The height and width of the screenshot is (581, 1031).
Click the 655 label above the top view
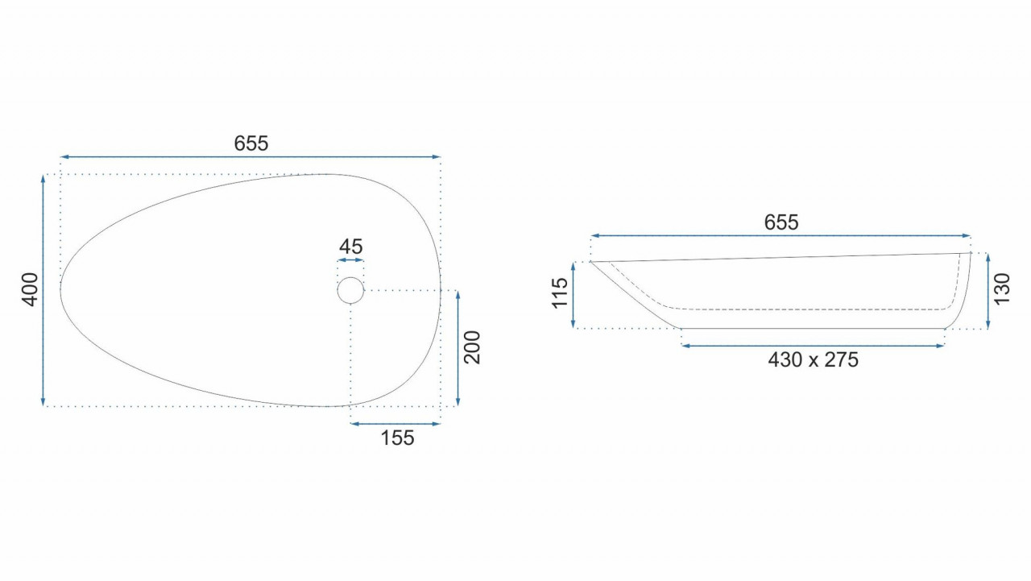pos(251,143)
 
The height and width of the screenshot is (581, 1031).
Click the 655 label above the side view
pos(781,223)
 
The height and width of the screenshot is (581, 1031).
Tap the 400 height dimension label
pos(31,289)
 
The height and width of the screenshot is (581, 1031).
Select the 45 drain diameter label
pos(350,247)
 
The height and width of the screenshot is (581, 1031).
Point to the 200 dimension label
pos(472,347)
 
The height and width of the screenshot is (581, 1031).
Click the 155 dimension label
pos(397,438)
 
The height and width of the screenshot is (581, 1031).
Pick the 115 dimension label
pos(560,293)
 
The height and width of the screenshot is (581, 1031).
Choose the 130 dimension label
pos(1002,288)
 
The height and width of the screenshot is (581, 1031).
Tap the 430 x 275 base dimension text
pos(813,360)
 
